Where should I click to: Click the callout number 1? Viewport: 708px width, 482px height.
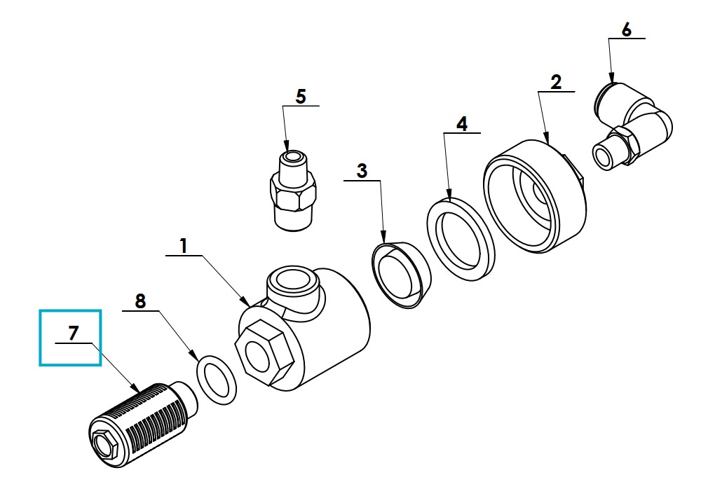[183, 247]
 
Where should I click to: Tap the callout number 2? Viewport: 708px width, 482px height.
[556, 82]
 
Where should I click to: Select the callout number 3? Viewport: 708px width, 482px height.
[362, 171]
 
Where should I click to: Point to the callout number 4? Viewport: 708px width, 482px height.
[461, 124]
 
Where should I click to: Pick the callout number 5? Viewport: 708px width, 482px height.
[301, 97]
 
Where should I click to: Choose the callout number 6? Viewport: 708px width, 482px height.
[626, 30]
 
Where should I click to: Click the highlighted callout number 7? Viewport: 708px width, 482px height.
[73, 333]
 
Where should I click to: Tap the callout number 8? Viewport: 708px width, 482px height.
[140, 301]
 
